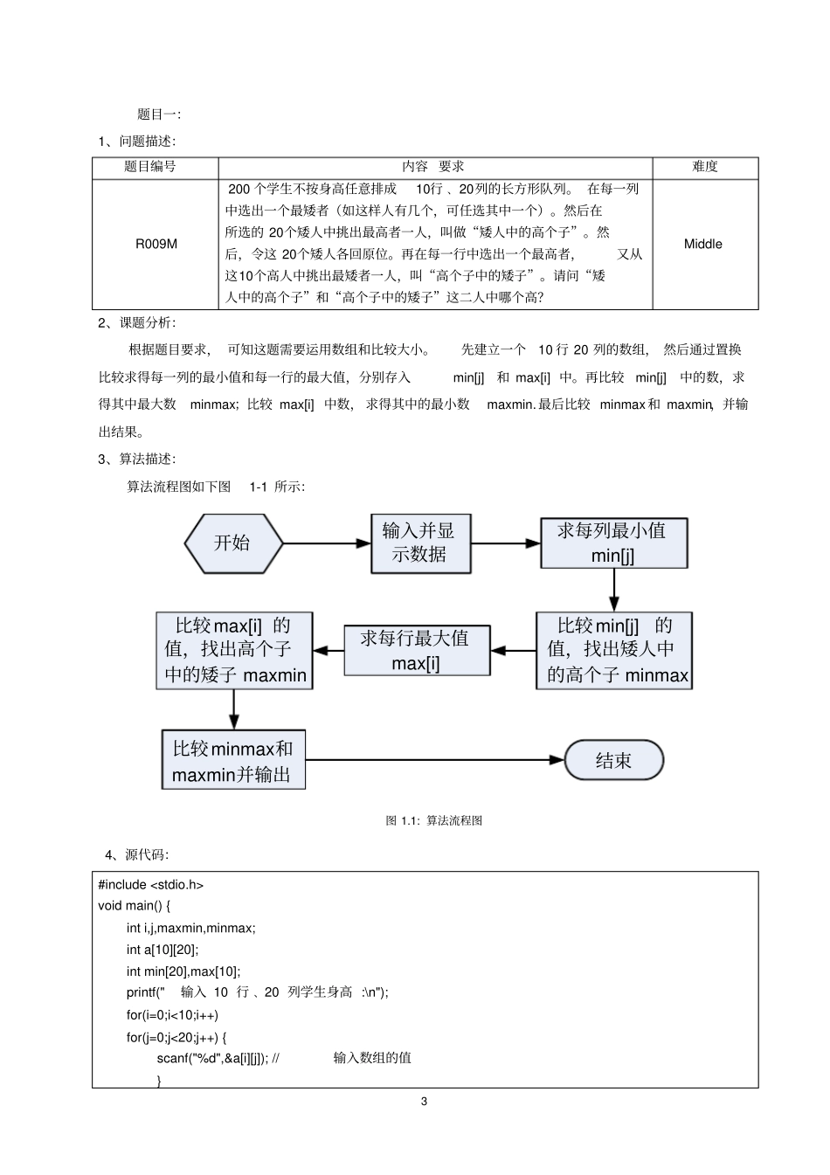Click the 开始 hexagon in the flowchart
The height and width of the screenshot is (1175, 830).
click(x=233, y=543)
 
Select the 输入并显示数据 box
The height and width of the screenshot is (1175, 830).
click(x=420, y=543)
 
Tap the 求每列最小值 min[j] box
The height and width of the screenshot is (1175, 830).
click(x=612, y=543)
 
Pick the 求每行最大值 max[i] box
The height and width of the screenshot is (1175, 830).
click(x=417, y=651)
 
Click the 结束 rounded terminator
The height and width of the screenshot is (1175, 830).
click(x=613, y=760)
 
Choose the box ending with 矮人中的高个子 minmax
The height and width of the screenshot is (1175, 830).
click(x=613, y=651)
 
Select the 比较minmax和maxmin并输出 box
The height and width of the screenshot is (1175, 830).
click(x=233, y=760)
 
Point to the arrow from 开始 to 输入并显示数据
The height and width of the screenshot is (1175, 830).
click(x=327, y=543)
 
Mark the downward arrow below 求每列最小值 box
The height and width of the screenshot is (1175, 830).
click(x=613, y=590)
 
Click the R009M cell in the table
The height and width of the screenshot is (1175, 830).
click(x=156, y=244)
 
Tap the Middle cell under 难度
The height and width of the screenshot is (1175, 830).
click(x=703, y=244)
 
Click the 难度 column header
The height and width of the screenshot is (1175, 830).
click(x=704, y=167)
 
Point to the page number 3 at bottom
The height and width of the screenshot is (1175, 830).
click(x=425, y=1101)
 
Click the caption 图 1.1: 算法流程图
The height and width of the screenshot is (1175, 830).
click(x=434, y=820)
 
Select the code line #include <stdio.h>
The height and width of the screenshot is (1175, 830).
click(x=151, y=884)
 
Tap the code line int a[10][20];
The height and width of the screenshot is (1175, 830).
click(x=163, y=950)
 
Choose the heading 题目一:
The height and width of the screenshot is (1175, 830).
click(x=159, y=114)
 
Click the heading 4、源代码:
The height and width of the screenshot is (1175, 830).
click(x=137, y=854)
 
